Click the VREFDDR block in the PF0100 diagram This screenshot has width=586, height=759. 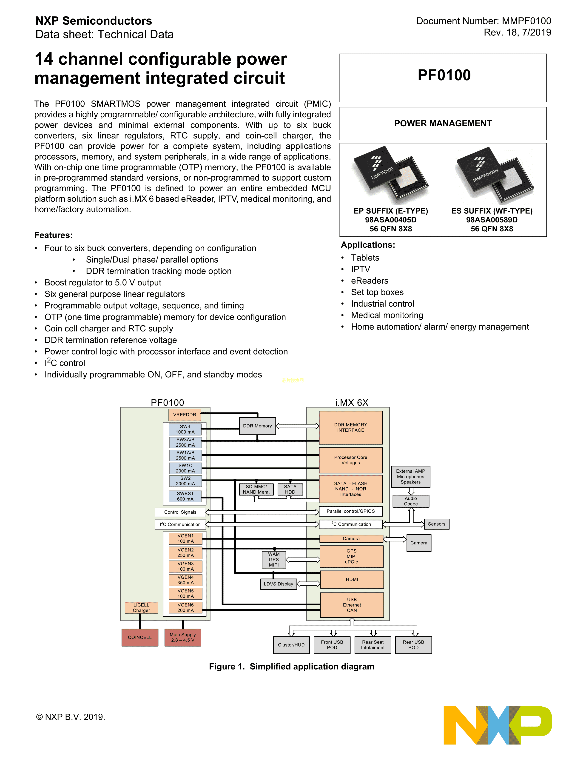pyautogui.click(x=185, y=415)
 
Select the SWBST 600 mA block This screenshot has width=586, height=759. pyautogui.click(x=185, y=496)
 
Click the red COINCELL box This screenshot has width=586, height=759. pyautogui.click(x=140, y=637)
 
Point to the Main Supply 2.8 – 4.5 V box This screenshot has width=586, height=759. pyautogui.click(x=183, y=637)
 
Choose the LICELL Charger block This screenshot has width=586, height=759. pyautogui.click(x=141, y=608)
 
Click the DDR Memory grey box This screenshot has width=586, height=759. pyautogui.click(x=257, y=426)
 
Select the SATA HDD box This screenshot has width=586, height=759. pyautogui.click(x=290, y=489)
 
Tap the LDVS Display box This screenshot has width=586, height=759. pyautogui.click(x=279, y=584)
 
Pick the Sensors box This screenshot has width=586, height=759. pyautogui.click(x=436, y=524)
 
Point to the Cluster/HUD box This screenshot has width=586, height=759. pyautogui.click(x=291, y=645)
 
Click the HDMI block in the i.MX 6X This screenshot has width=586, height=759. pyautogui.click(x=352, y=579)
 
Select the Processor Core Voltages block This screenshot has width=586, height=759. pyautogui.click(x=351, y=460)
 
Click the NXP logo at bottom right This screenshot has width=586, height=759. pyautogui.click(x=498, y=725)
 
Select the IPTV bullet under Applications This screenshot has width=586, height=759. pyautogui.click(x=360, y=269)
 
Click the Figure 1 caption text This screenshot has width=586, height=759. pyautogui.click(x=292, y=667)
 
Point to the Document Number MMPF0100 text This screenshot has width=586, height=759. pyautogui.click(x=483, y=21)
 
